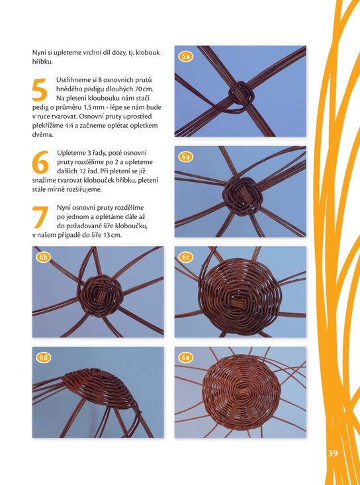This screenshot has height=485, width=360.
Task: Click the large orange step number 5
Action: [40, 90]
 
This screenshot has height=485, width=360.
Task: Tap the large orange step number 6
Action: [40, 161]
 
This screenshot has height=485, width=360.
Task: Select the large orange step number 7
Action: [40, 217]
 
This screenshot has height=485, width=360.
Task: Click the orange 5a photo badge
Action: [186, 56]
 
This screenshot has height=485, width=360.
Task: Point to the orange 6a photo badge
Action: [186, 157]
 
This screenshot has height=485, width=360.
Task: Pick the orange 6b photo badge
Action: [44, 257]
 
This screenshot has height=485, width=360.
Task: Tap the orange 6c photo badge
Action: [186, 257]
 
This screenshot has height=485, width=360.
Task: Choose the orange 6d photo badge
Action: [44, 358]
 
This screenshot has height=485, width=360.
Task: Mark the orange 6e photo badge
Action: [186, 358]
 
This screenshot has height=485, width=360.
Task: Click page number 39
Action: [333, 453]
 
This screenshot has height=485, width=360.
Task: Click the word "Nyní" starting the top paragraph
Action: [38, 53]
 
